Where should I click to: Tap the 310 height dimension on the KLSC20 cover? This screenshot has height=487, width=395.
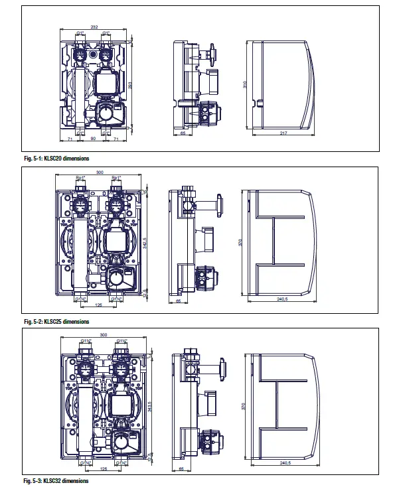click(248, 86)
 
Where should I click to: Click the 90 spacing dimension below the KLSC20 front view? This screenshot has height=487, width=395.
click(93, 139)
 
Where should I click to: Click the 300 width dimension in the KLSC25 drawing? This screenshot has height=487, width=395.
click(100, 173)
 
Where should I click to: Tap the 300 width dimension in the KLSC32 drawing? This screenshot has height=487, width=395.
click(103, 335)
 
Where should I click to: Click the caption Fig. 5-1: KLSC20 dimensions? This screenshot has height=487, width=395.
click(56, 159)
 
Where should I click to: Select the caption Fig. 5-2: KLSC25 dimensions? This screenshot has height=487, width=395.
click(56, 321)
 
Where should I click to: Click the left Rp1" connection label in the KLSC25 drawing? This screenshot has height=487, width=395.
click(80, 178)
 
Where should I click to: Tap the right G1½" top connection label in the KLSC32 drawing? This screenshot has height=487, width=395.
click(121, 341)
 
